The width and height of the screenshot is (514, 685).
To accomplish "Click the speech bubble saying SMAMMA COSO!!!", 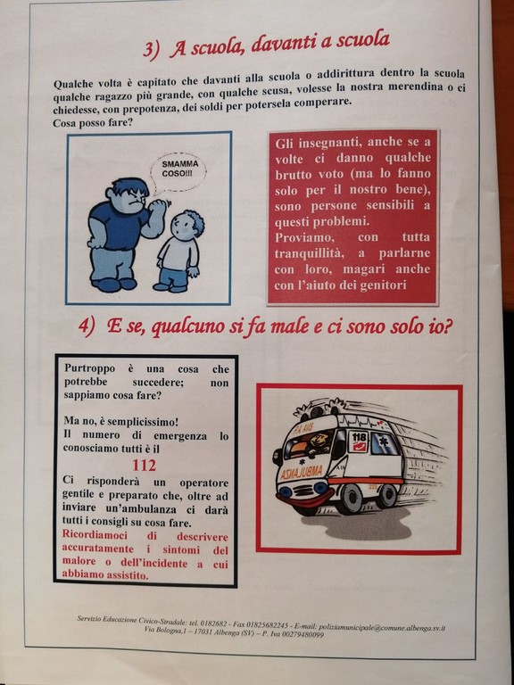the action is coord(178,172).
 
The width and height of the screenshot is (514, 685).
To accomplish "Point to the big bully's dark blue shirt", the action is coord(117,227).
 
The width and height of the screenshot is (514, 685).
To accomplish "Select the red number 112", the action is coord(144,466).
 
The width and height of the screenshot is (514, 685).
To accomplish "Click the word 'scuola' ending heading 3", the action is coord(362,41).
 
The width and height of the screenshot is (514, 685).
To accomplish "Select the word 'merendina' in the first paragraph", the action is coord(415,87).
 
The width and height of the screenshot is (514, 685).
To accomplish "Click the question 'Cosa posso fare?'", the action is coord(92,124).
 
